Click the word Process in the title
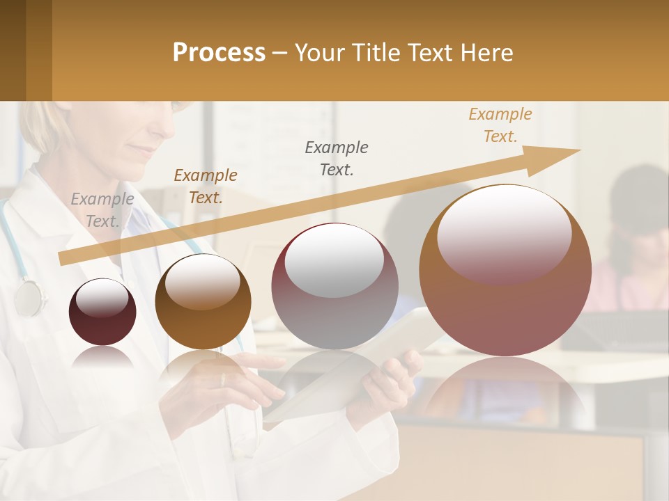(x=219, y=53)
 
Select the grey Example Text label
(x=102, y=210)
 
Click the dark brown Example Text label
(x=206, y=186)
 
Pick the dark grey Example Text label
(x=337, y=158)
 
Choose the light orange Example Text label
(x=500, y=125)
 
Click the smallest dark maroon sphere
(x=102, y=312)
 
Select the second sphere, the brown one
(x=203, y=301)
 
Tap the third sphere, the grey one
(x=335, y=286)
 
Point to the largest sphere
(x=505, y=270)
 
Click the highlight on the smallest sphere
(x=102, y=299)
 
